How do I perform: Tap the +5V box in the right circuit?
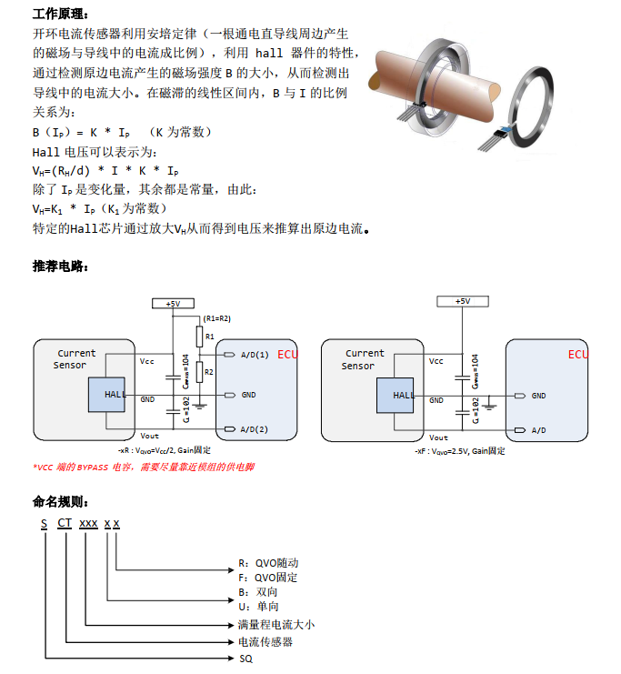(462, 301)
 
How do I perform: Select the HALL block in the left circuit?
(107, 395)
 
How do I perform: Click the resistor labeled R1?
(200, 337)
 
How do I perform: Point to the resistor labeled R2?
(200, 372)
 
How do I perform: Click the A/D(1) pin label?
(255, 354)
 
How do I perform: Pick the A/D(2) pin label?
(255, 428)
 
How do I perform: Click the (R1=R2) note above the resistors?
(217, 319)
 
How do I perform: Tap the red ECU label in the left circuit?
(287, 354)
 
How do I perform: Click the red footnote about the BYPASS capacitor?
(144, 468)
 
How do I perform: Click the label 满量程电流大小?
(275, 625)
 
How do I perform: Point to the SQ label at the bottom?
(245, 658)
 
